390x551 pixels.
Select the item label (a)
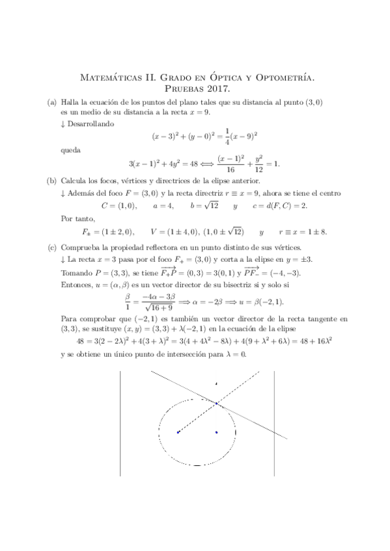tap(51, 102)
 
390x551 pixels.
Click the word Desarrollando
tap(89, 122)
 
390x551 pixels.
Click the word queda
tap(69, 150)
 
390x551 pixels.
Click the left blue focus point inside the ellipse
tap(178, 431)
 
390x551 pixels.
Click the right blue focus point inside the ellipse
tap(216, 431)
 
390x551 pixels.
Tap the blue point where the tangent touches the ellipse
tap(216, 404)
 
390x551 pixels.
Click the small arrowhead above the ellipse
tap(216, 384)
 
